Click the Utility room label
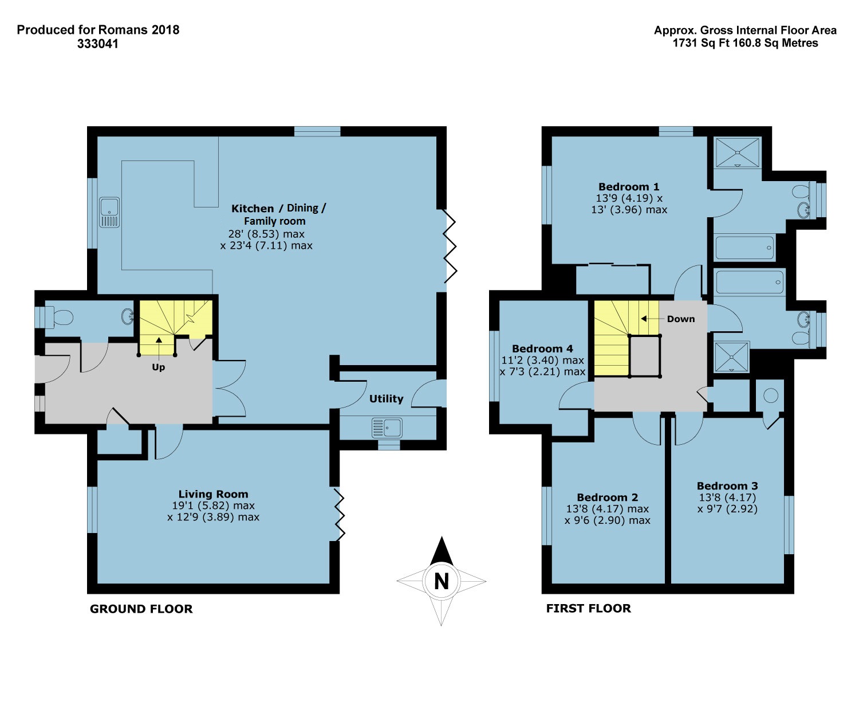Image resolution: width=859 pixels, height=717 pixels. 386,399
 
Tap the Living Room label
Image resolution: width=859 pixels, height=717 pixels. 213,494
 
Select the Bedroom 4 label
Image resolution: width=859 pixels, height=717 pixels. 542,348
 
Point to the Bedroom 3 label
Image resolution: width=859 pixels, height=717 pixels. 727,485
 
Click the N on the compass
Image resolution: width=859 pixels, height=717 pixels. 442,582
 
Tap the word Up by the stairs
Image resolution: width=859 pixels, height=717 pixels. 159,367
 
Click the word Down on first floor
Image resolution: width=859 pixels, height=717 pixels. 681,319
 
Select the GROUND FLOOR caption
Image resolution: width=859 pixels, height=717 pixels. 141,609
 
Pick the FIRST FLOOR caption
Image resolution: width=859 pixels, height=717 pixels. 588,608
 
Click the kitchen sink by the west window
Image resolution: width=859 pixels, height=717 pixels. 109,213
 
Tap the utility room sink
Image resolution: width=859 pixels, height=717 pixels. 387,428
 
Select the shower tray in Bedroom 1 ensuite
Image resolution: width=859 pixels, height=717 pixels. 737,152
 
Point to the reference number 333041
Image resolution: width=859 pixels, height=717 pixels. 98,44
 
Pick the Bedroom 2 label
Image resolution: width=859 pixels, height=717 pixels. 607,497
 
